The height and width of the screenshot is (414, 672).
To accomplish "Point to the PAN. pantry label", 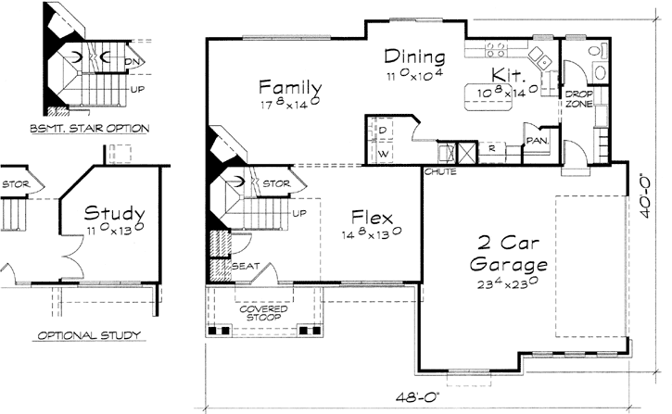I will pos(536,141).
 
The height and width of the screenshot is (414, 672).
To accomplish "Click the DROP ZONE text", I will pos(579,99).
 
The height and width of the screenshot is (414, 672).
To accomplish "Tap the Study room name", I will pos(110,212).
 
